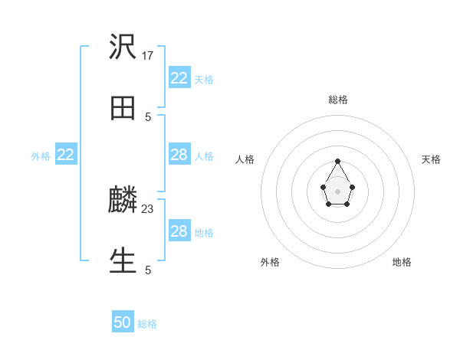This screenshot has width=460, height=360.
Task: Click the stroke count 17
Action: pyautogui.click(x=148, y=55)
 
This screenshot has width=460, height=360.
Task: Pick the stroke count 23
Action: pyautogui.click(x=148, y=208)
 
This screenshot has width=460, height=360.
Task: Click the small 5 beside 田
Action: pyautogui.click(x=148, y=116)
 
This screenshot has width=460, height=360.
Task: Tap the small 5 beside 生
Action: pyautogui.click(x=148, y=270)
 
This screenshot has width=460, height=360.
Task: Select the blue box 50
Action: pyautogui.click(x=123, y=322)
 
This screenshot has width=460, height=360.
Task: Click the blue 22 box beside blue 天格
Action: pyautogui.click(x=179, y=78)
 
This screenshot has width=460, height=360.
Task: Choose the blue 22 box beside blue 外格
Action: pyautogui.click(x=66, y=155)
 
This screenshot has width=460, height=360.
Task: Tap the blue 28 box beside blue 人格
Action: pyautogui.click(x=179, y=155)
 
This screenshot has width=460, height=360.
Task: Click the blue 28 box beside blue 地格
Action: pyautogui.click(x=179, y=231)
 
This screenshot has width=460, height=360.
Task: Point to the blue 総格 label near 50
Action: pyautogui.click(x=147, y=324)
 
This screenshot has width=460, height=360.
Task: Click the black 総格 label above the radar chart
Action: pyautogui.click(x=337, y=100)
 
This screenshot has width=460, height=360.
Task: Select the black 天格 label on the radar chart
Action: pyautogui.click(x=432, y=159)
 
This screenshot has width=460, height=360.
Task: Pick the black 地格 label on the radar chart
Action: pyautogui.click(x=402, y=262)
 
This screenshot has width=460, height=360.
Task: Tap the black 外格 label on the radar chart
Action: pyautogui.click(x=270, y=262)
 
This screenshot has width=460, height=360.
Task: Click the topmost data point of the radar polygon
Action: pyautogui.click(x=337, y=161)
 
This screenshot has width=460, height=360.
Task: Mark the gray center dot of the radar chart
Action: pyautogui.click(x=337, y=191)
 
